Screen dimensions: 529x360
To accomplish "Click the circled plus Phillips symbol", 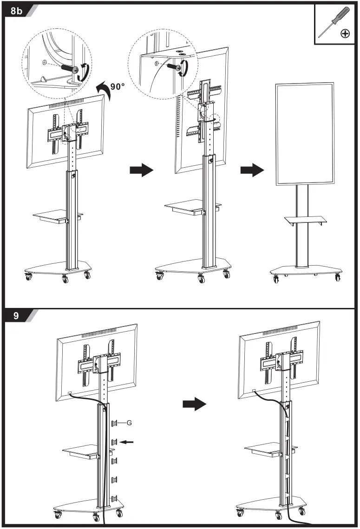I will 345,33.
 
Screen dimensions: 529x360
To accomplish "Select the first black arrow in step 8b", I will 141,170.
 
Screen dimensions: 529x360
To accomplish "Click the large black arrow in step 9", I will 194,404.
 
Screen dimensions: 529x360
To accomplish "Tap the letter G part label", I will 129,423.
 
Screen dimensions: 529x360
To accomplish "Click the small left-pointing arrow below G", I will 127,442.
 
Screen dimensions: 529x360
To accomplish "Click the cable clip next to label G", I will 114,423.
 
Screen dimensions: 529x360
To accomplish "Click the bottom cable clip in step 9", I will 114,498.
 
